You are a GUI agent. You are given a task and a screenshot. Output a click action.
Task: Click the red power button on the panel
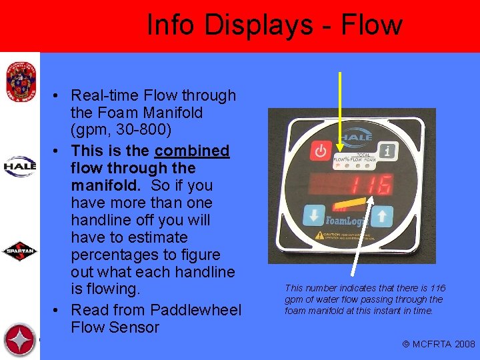click(321, 150)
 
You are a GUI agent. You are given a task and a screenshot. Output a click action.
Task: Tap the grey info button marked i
click(388, 150)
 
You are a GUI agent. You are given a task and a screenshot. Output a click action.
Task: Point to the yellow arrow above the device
click(341, 110)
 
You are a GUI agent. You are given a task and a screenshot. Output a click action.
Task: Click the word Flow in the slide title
click(371, 25)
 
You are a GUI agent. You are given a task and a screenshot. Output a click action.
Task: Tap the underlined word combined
click(192, 151)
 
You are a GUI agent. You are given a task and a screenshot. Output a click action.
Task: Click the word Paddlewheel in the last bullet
click(195, 310)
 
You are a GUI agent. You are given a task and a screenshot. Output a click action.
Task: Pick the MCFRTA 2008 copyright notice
click(439, 344)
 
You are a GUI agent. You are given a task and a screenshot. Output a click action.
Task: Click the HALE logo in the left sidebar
click(20, 166)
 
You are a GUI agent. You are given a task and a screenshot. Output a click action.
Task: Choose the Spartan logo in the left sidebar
click(20, 251)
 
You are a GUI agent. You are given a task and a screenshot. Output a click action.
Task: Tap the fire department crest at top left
click(19, 80)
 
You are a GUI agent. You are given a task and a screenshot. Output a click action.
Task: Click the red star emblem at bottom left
click(20, 340)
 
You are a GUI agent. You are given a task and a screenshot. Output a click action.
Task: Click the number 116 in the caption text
click(437, 288)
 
